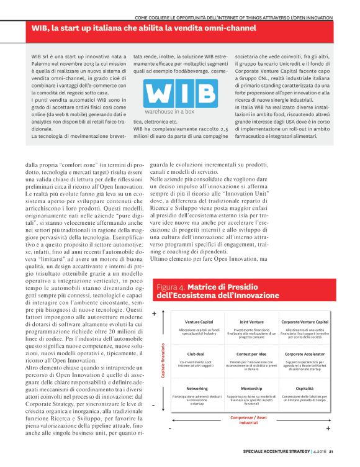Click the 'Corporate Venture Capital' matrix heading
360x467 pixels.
tap(304, 322)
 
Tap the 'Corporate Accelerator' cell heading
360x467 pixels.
tap(304, 354)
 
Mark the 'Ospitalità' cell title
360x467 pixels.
tap(304, 389)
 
